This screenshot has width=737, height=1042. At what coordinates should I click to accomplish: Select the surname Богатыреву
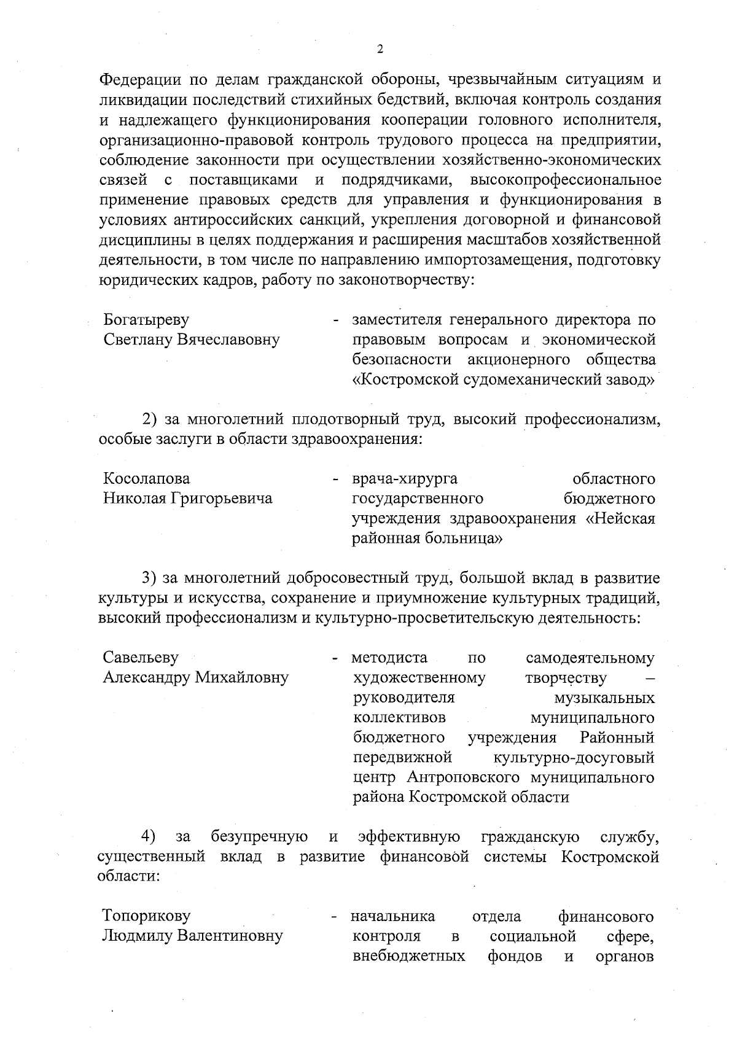click(146, 320)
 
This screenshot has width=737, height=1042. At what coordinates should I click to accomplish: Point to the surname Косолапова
click(147, 479)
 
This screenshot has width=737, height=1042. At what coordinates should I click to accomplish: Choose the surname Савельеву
click(141, 658)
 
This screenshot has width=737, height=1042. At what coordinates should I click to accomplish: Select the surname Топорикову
click(147, 916)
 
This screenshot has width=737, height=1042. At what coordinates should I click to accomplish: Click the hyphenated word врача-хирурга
click(405, 479)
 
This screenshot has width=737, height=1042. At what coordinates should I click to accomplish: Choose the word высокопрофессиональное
click(566, 181)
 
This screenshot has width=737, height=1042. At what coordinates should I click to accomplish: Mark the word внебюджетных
click(409, 956)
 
